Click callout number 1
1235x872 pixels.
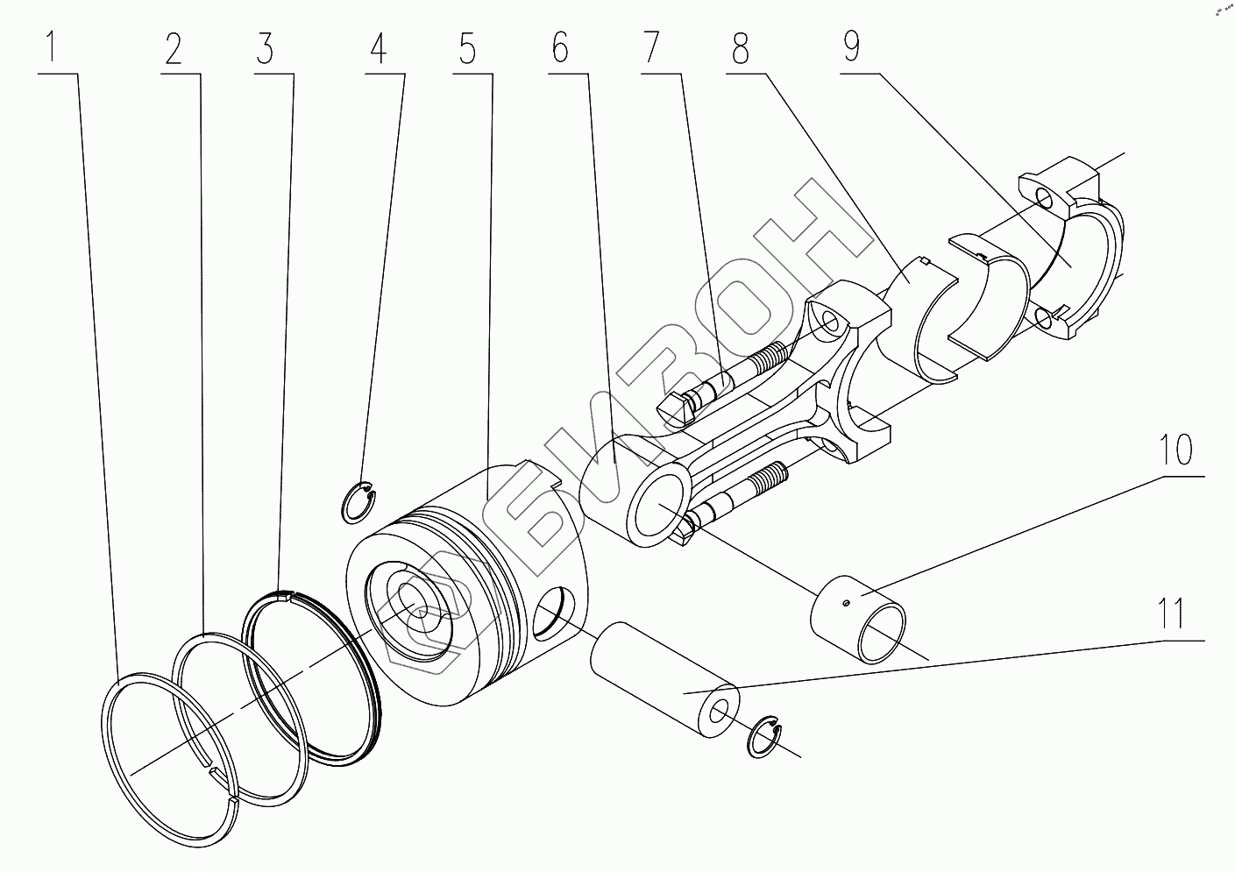pyautogui.click(x=55, y=49)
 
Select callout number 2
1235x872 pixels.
pyautogui.click(x=172, y=49)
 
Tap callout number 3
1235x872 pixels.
pyautogui.click(x=264, y=49)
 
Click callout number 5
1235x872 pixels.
pyautogui.click(x=466, y=49)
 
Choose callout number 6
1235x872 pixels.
pyautogui.click(x=561, y=49)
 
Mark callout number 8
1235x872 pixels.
pyautogui.click(x=742, y=49)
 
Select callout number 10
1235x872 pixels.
pyautogui.click(x=1177, y=452)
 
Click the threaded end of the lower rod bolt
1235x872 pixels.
pyautogui.click(x=772, y=478)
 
